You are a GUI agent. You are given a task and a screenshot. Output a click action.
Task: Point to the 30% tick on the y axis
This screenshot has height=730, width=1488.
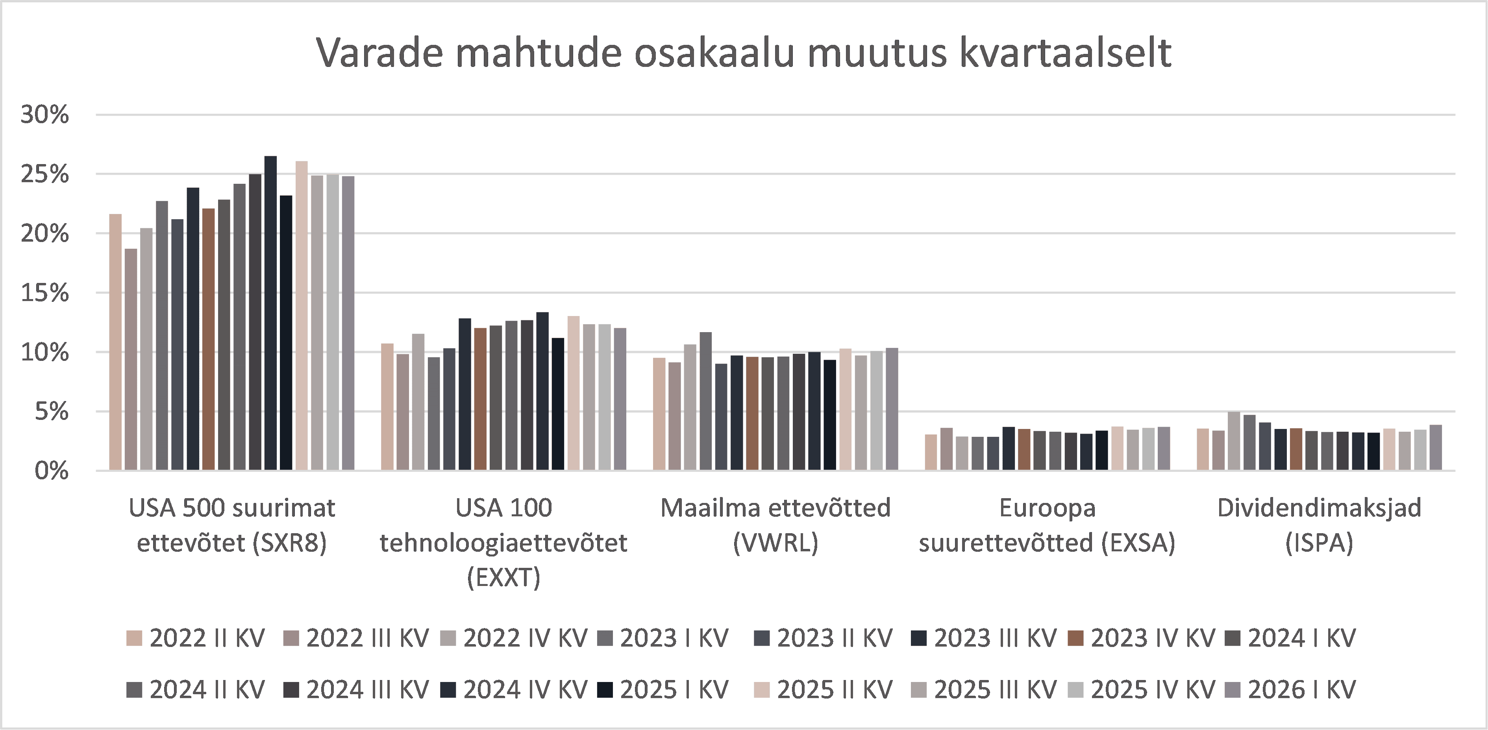pyautogui.click(x=45, y=115)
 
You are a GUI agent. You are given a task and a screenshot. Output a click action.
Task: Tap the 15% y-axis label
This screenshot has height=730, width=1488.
pyautogui.click(x=45, y=294)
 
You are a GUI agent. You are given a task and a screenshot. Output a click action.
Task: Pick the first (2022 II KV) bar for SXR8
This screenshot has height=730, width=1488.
pyautogui.click(x=115, y=342)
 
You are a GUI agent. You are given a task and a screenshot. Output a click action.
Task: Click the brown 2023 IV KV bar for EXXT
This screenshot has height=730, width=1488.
pyautogui.click(x=480, y=399)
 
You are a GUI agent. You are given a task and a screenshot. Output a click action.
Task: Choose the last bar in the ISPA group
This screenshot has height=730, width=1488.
pyautogui.click(x=1435, y=447)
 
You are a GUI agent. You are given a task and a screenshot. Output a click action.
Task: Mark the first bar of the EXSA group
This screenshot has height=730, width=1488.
pyautogui.click(x=931, y=452)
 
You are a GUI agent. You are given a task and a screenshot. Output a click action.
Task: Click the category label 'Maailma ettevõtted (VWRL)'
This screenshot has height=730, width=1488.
pyautogui.click(x=775, y=525)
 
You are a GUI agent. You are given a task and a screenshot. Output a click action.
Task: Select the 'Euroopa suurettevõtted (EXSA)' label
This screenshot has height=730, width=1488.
pyautogui.click(x=1047, y=525)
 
